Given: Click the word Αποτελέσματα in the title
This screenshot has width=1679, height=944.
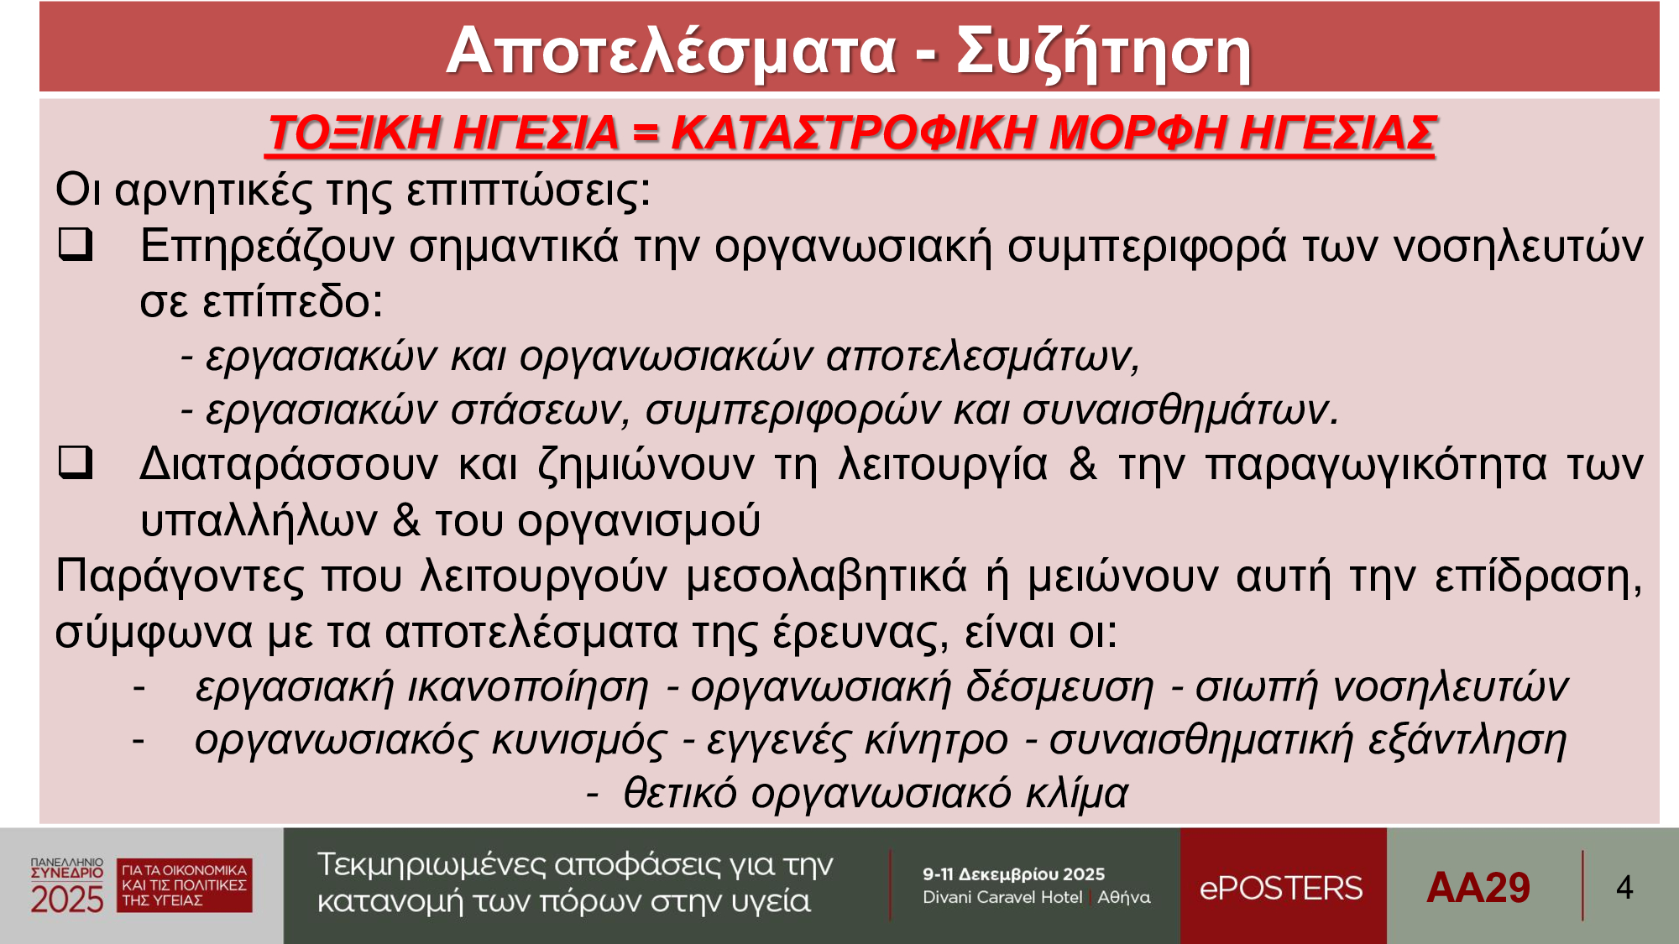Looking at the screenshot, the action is (x=672, y=52).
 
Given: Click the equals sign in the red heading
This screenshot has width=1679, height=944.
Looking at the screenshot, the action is (x=646, y=133).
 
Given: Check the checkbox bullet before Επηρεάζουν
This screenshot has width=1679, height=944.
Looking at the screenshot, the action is (x=76, y=244).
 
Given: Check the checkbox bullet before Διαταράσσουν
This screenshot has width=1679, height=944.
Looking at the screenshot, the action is (x=76, y=462).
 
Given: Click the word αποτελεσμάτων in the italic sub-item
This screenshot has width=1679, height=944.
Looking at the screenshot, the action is (x=983, y=356).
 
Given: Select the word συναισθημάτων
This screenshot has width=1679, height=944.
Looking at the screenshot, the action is (x=1179, y=409).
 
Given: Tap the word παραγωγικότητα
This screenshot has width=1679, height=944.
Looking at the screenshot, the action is (x=1376, y=464).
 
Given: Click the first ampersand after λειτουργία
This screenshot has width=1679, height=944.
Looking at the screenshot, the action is (x=1083, y=463).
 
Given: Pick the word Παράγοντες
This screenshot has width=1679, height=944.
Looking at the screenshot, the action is (x=180, y=577).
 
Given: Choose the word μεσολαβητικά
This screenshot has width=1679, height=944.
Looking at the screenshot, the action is (x=826, y=577).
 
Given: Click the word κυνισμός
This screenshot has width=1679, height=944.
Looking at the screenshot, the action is (x=579, y=740).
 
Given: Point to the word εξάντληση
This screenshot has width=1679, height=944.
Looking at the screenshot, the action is (x=1467, y=740).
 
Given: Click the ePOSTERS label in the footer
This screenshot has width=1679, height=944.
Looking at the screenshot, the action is (x=1281, y=888).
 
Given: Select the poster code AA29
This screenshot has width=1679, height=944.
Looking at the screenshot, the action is (x=1478, y=888).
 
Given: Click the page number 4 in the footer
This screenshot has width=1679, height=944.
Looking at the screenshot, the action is (x=1624, y=888).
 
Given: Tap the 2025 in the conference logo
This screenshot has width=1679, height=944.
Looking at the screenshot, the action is (x=67, y=900).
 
